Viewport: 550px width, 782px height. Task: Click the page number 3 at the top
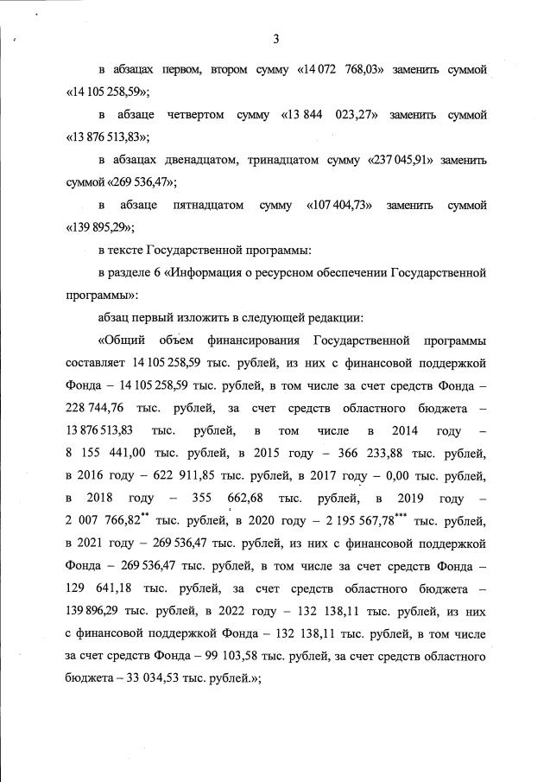[x=275, y=39]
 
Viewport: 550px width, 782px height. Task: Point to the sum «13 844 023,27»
[x=327, y=114]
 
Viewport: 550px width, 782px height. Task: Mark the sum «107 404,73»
[x=340, y=206]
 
